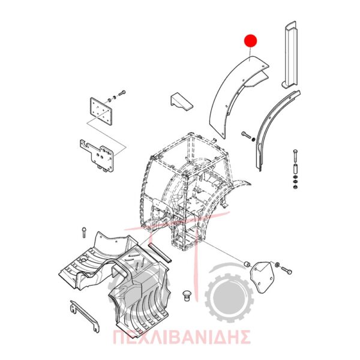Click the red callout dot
click(250, 41)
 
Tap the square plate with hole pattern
click(100, 110)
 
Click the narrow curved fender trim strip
click(275, 128)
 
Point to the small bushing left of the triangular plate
click(247, 265)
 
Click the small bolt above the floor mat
click(84, 232)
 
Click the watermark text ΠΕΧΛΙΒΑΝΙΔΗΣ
click(181, 337)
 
